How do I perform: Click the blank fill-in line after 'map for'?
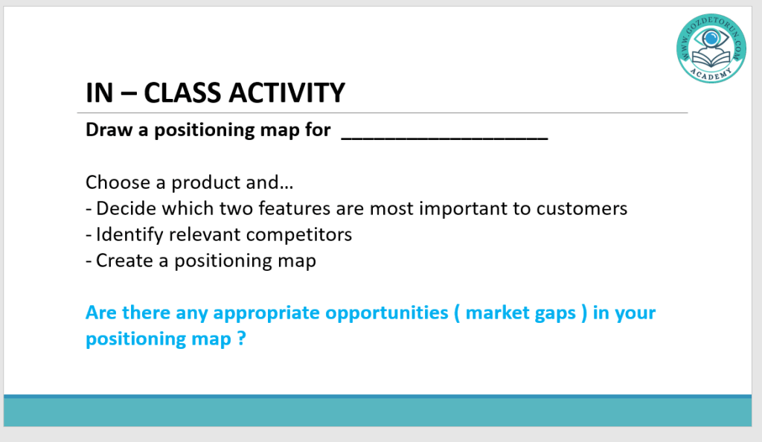445,138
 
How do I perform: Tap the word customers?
582,208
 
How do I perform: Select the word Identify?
129,235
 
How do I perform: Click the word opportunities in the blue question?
387,313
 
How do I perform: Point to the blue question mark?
242,338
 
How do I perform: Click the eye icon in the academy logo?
711,37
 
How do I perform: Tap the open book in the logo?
711,60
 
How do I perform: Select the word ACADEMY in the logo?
711,74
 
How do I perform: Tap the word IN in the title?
100,93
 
